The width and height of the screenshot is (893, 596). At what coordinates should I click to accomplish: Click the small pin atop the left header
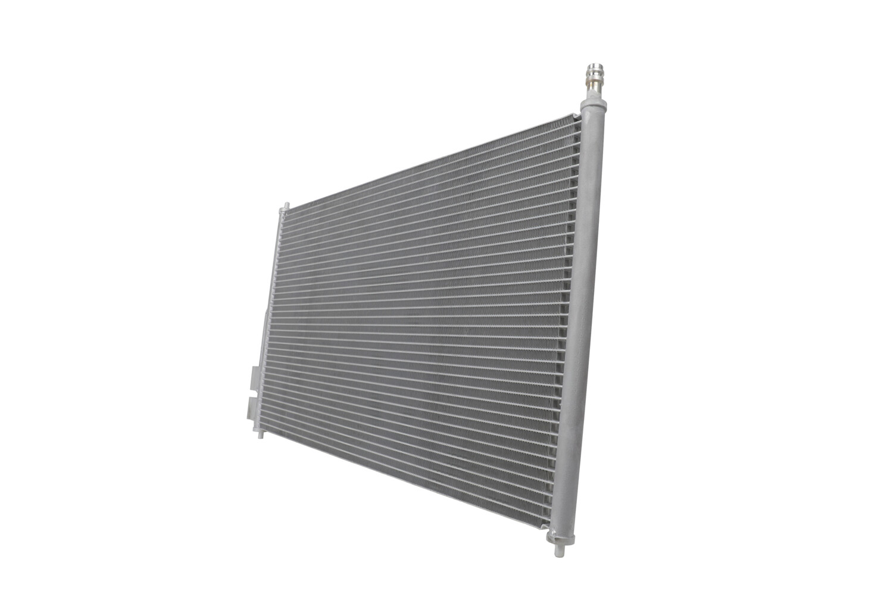coord(285,206)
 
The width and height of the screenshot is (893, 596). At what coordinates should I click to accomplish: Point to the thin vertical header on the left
coord(271,316)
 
